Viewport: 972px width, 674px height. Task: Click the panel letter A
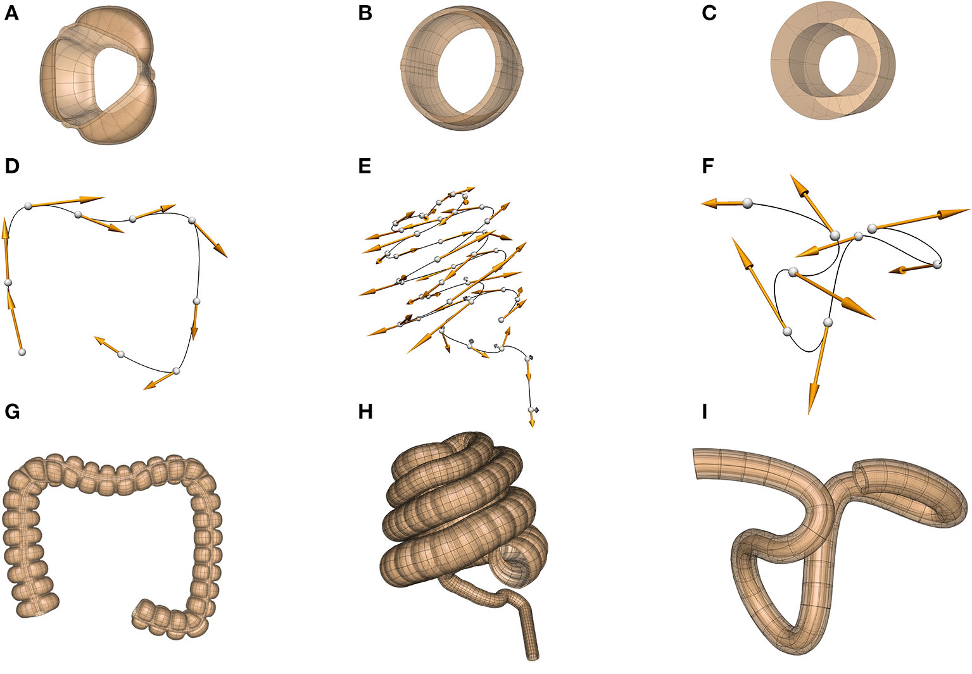tap(11, 13)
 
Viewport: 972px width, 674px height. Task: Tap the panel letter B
tap(365, 13)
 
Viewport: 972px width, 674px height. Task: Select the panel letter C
tap(709, 13)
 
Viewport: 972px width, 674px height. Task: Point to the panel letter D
tap(11, 166)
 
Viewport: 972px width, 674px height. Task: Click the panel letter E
tap(364, 166)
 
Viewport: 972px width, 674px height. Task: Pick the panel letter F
tap(708, 166)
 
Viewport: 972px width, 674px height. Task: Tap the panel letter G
tap(12, 412)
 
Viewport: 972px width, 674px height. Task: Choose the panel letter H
tap(365, 412)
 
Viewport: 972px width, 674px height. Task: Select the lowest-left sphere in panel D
tap(22, 352)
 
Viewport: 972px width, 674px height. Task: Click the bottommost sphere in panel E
tap(533, 410)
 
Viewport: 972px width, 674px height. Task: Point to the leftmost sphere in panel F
tap(747, 203)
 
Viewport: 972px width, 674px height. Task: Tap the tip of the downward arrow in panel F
tap(810, 413)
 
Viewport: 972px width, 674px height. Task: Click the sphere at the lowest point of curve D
tap(176, 371)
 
